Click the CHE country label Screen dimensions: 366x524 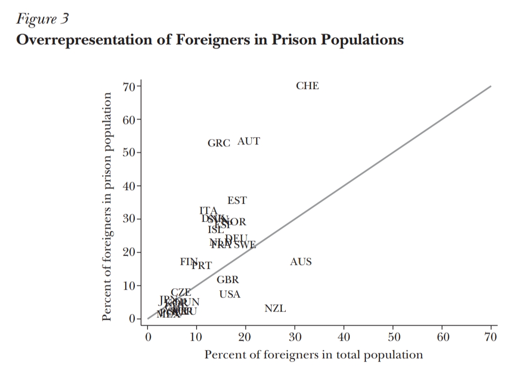point(308,86)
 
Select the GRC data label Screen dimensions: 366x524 point(219,143)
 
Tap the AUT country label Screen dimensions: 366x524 point(248,141)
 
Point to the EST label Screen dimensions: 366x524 point(237,200)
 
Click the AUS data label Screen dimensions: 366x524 point(301,262)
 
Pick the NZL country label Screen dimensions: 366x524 point(275,309)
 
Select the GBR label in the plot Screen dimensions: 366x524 point(228,280)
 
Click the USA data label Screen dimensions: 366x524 point(229,295)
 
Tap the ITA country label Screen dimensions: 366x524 point(208,210)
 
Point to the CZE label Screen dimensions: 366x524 point(181,292)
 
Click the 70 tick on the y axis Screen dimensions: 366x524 point(129,87)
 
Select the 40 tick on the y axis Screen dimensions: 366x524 point(129,186)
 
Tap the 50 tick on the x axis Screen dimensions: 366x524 point(393,337)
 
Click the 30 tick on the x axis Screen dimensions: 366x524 point(295,337)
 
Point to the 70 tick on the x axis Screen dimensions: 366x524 point(491,337)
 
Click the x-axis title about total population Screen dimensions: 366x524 point(313,355)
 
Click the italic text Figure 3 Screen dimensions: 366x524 point(43,19)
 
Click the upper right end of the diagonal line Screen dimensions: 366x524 point(490,87)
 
